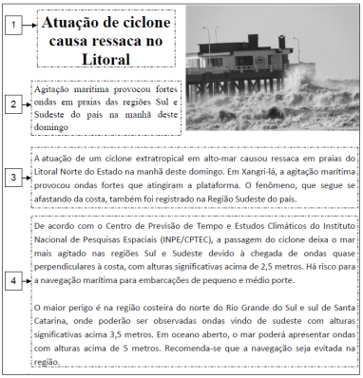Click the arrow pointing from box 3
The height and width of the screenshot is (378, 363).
(26, 178)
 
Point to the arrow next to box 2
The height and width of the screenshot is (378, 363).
(26, 104)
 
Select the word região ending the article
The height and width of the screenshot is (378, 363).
(47, 362)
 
